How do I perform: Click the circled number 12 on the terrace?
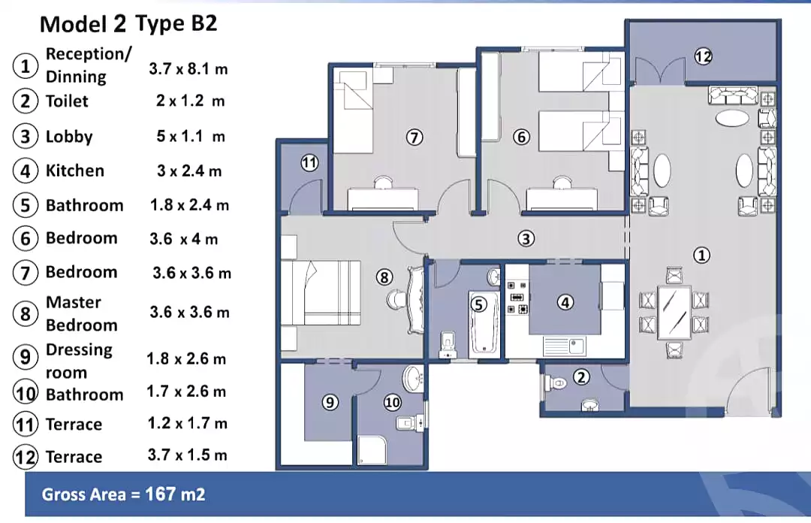703,56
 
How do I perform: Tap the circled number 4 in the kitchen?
565,302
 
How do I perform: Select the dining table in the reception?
674,313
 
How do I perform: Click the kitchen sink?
564,346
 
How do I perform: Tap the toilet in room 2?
556,382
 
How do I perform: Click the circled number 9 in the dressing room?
330,403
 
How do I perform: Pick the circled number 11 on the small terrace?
309,162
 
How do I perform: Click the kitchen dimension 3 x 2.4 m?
189,171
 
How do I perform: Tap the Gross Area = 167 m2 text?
123,494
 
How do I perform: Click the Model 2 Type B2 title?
128,23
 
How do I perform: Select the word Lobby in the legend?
69,137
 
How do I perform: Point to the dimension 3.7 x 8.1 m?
188,69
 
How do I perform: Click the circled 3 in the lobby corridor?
526,239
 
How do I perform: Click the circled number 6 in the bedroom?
521,137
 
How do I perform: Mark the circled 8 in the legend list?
26,313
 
